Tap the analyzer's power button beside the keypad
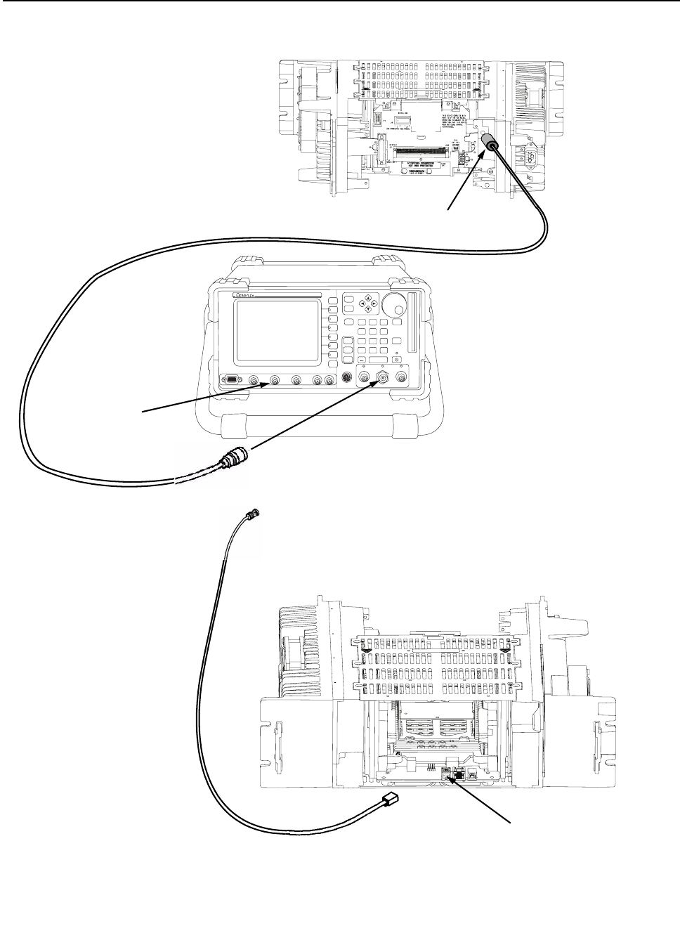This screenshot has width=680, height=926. (x=396, y=360)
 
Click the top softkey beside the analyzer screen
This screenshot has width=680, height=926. (x=332, y=302)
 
